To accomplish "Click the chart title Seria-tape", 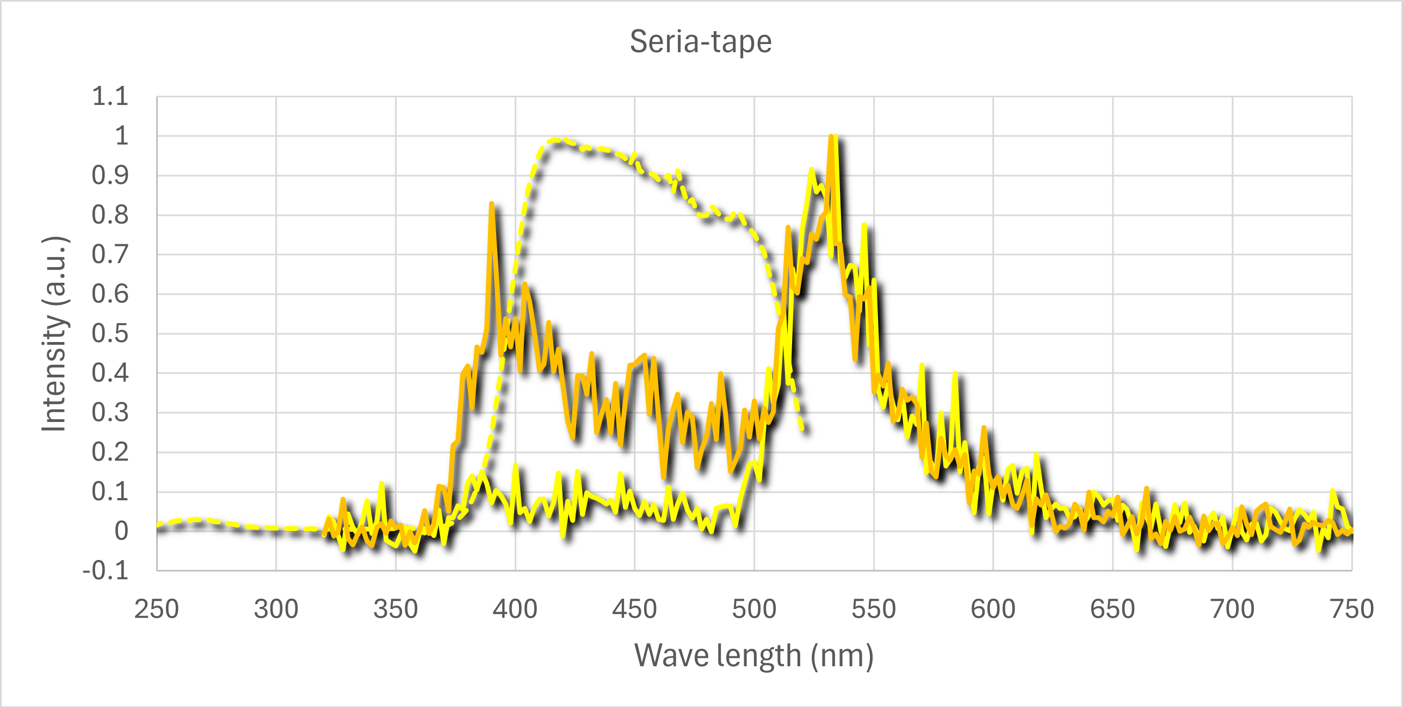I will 700,41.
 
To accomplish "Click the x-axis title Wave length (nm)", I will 754,655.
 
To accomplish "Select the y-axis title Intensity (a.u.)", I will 54,334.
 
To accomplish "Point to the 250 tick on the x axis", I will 157,609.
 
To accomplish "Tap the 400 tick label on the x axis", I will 515,609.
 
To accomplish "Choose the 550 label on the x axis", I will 874,609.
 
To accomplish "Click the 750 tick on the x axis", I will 1351,609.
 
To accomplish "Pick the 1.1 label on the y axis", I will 110,96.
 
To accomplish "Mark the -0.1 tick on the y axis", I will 106,571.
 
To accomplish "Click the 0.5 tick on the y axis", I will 110,334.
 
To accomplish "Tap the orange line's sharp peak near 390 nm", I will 492,204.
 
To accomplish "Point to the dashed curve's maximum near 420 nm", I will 555,140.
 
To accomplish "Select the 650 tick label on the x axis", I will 1112,609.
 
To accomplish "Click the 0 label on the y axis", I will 121,531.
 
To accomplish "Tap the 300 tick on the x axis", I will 276,609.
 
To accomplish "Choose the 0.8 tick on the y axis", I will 110,215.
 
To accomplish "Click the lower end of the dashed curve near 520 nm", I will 803,430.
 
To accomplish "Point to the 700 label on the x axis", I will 1232,609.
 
